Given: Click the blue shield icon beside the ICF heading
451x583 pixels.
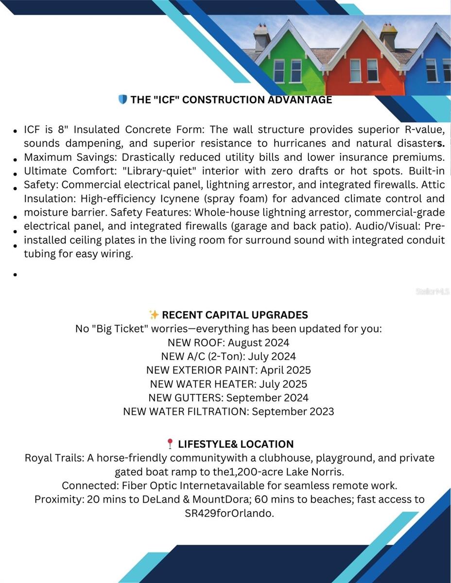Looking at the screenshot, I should click(x=122, y=100).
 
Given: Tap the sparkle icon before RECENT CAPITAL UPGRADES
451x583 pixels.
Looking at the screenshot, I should click(x=154, y=314).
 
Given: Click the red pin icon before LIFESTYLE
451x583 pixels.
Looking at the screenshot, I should click(x=170, y=444).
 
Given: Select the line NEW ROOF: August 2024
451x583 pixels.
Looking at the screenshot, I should click(x=228, y=343).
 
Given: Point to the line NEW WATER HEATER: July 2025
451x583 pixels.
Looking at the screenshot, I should click(x=228, y=384).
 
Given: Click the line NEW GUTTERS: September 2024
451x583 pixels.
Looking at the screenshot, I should click(x=228, y=397).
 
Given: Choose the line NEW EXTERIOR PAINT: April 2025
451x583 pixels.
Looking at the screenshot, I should click(x=228, y=370).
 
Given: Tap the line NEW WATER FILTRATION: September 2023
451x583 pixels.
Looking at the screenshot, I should click(x=228, y=412).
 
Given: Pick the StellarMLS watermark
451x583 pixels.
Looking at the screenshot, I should click(x=432, y=291).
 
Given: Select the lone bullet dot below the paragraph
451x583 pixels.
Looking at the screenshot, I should click(x=16, y=274).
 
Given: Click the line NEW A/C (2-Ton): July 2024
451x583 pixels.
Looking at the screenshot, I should click(x=228, y=356).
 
